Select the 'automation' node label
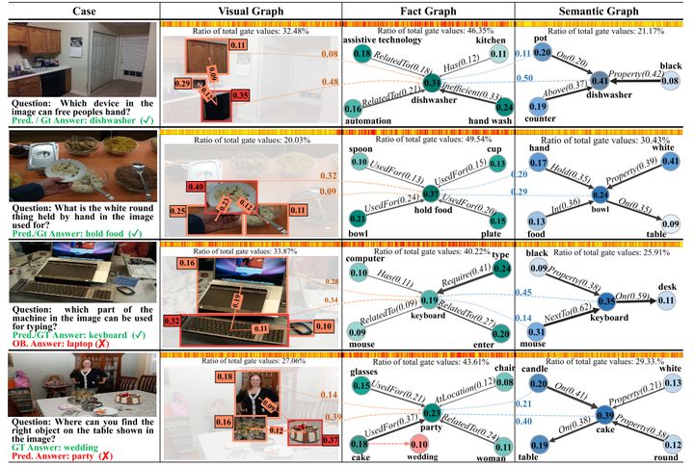pos(383,122)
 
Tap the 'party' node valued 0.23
pos(432,412)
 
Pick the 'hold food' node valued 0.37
pos(431,195)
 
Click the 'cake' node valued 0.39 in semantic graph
pos(605,415)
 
